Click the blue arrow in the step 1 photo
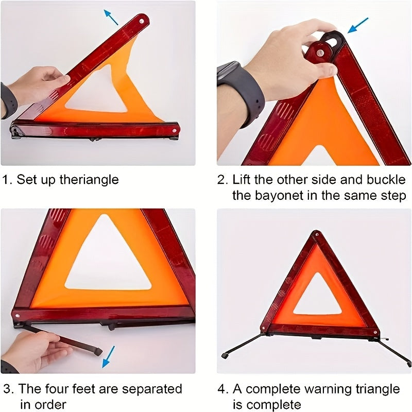click(111, 17)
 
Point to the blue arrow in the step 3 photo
click(109, 356)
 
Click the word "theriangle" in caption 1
click(89, 180)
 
